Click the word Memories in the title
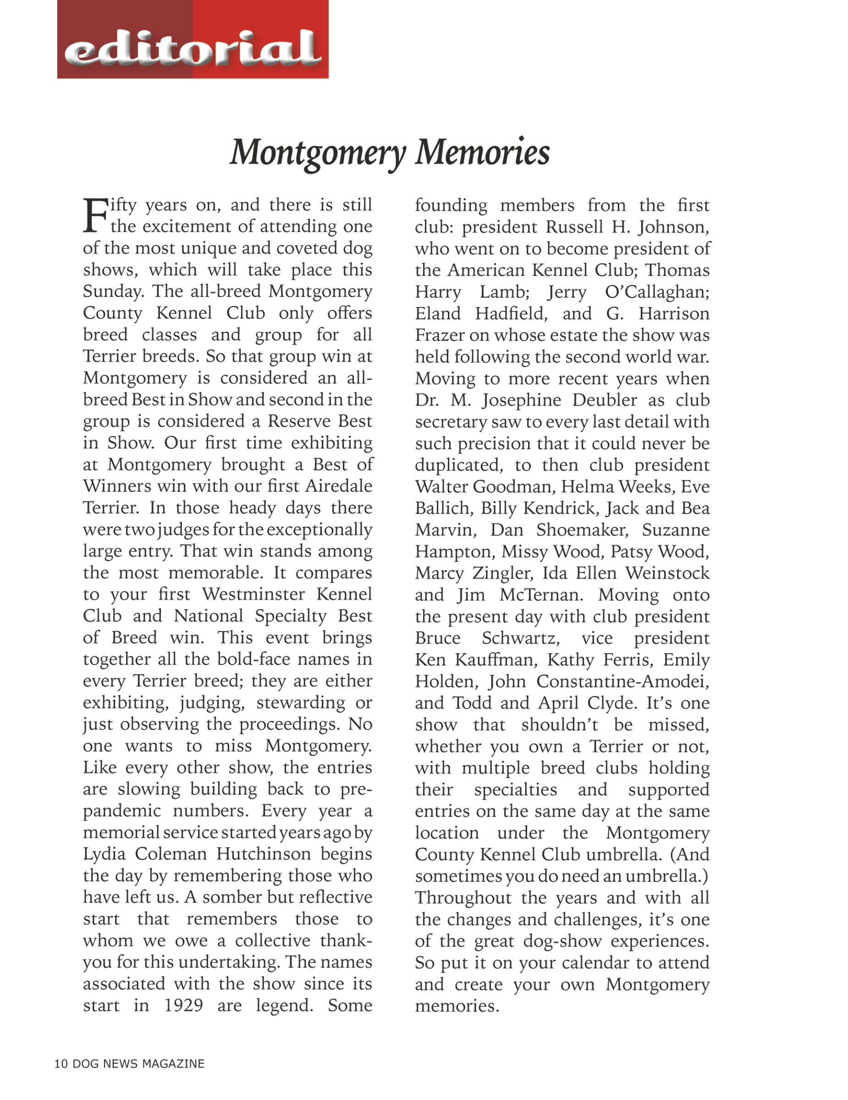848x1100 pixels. click(482, 152)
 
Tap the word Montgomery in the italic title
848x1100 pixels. click(318, 153)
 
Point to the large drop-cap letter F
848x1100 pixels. click(95, 215)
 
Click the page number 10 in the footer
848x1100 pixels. click(61, 1063)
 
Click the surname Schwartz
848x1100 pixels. click(521, 638)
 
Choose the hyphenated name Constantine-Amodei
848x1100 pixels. click(622, 681)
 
